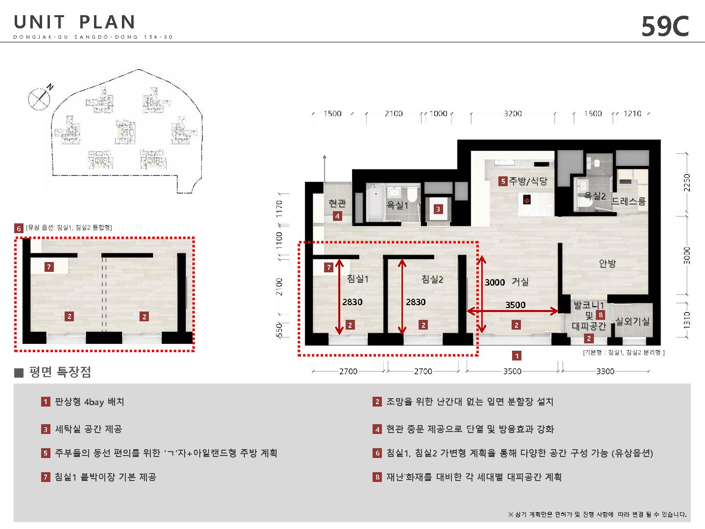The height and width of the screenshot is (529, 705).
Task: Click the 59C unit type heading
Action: coord(665,26)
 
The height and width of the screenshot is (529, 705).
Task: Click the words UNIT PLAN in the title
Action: coord(74,22)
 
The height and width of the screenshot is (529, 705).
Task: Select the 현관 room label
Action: coord(337,203)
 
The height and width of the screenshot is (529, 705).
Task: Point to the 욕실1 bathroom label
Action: coord(397,205)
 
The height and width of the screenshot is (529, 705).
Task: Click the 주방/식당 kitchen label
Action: coord(528,181)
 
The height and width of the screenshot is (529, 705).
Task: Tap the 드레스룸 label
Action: coord(629,201)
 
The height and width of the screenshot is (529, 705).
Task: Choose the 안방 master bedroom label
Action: coord(608,263)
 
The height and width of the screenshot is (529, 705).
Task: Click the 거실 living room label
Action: coord(520,282)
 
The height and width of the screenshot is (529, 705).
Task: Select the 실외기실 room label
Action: coord(632,321)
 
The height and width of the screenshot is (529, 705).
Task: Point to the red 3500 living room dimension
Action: coord(515,305)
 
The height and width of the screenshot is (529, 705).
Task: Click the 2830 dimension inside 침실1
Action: coord(352,302)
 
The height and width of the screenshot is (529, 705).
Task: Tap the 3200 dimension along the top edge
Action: coord(513,113)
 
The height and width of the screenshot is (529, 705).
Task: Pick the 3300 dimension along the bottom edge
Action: coord(605,371)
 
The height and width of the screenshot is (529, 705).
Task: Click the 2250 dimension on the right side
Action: coord(686,182)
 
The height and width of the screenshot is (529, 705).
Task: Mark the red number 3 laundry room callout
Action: coord(438,210)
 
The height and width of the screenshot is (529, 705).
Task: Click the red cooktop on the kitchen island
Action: coord(526,199)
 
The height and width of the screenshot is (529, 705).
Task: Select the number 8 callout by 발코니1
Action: coord(600,315)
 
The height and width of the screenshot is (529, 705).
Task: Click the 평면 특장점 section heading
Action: coord(60,372)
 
